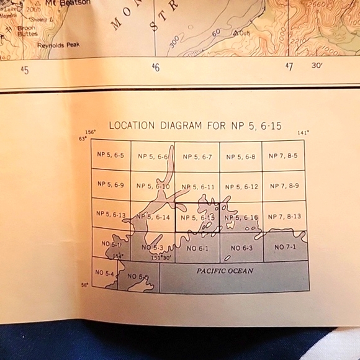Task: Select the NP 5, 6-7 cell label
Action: [x=197, y=157]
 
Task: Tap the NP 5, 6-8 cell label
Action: [x=241, y=157]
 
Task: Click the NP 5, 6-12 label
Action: [x=241, y=186]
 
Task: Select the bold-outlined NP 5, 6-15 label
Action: [x=197, y=218]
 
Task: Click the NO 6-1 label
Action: [x=197, y=248]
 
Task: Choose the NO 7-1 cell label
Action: [x=285, y=247]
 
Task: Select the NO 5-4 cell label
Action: [x=104, y=273]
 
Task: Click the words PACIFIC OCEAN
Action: [x=225, y=271]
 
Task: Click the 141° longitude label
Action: [x=303, y=133]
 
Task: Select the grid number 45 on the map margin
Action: [x=24, y=70]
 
